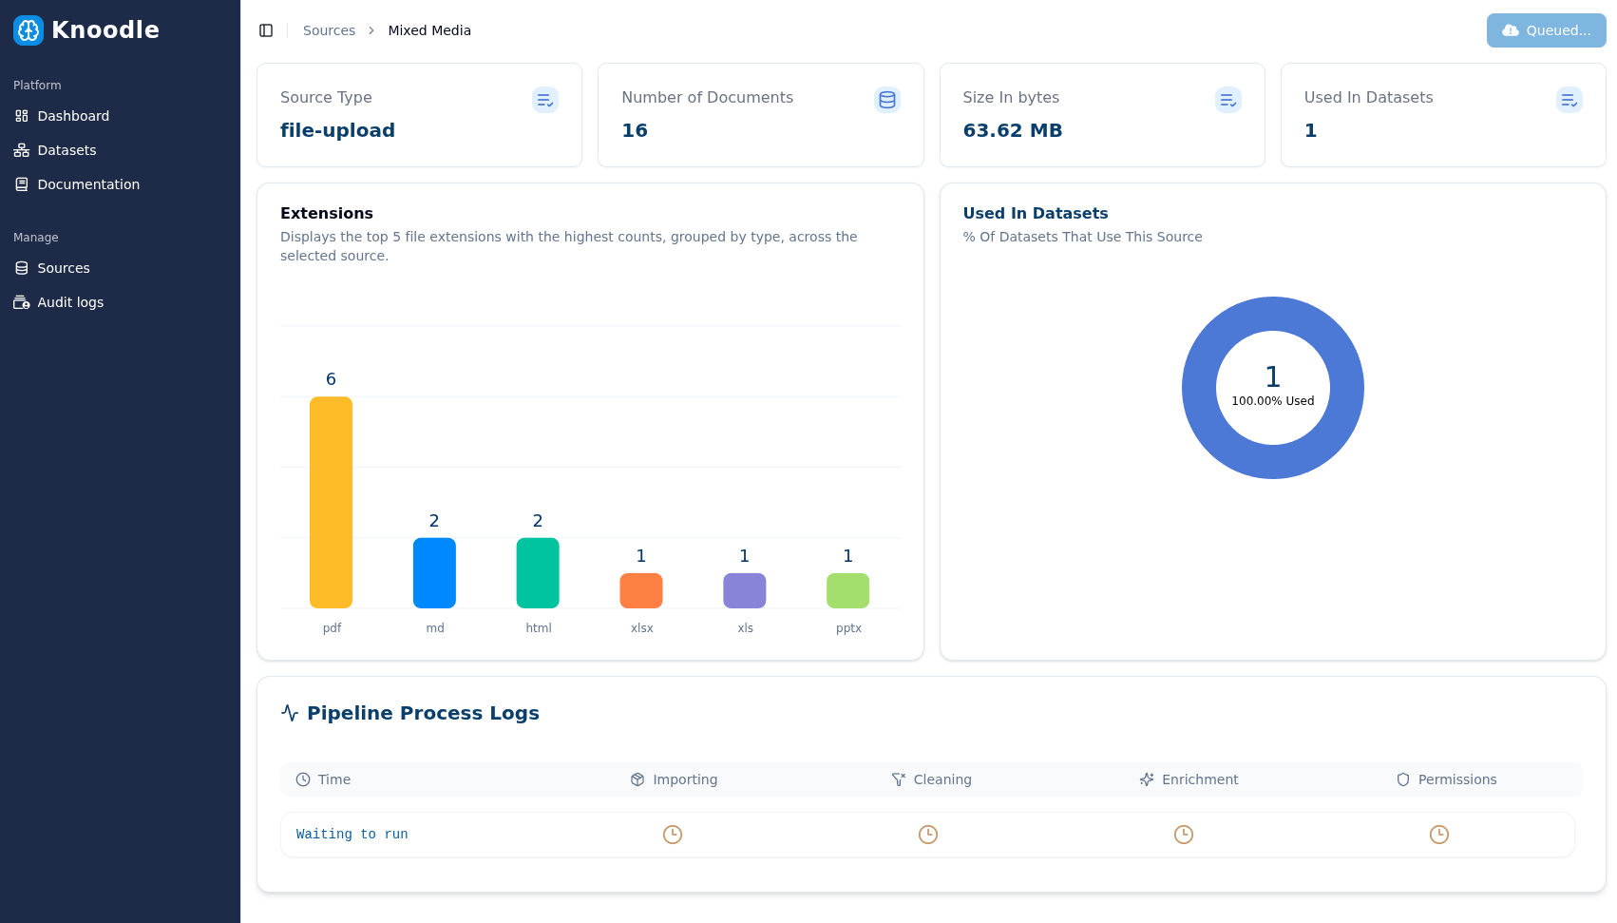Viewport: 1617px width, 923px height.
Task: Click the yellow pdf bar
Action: (331, 502)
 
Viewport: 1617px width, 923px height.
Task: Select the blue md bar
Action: (434, 572)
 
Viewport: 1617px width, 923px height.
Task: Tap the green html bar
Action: (538, 572)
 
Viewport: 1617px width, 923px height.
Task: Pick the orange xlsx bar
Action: (641, 590)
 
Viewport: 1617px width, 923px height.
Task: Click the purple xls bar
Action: (745, 590)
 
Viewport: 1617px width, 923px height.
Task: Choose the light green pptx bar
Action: (848, 590)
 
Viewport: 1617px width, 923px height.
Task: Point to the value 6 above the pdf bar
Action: (331, 379)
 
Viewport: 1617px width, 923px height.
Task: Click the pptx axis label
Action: (848, 628)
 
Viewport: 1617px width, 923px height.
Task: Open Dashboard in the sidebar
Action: (73, 116)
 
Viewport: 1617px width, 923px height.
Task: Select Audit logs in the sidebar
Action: (70, 302)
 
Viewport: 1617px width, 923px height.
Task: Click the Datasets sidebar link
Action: (67, 150)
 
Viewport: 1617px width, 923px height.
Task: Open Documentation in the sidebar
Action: (88, 184)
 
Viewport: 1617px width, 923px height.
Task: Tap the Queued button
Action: (1546, 30)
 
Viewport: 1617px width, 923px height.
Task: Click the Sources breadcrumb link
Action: (329, 30)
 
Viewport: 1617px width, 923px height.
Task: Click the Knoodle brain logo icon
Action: (29, 30)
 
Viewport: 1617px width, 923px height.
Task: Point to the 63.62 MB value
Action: (1012, 130)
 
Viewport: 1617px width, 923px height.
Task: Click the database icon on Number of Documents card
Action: (887, 100)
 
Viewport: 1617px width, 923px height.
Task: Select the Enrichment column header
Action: (1199, 779)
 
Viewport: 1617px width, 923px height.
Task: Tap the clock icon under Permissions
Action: (1439, 835)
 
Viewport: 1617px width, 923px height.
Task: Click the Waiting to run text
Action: (352, 835)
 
